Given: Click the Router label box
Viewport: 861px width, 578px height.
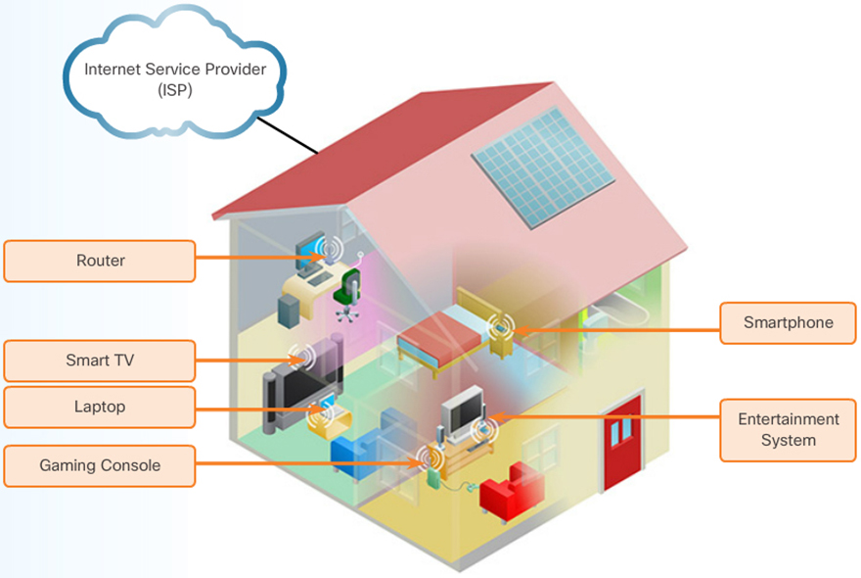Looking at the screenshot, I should [x=99, y=261].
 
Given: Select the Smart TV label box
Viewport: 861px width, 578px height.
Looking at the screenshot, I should [x=99, y=361].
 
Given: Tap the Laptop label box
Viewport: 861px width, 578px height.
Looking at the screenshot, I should [x=99, y=407].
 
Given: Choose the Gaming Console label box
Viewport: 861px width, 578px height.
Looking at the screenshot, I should [x=99, y=466].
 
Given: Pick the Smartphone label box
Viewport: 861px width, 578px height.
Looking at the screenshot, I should [x=788, y=322].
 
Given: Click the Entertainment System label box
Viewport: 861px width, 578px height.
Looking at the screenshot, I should [x=788, y=430].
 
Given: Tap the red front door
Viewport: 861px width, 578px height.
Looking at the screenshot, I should [x=622, y=441].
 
